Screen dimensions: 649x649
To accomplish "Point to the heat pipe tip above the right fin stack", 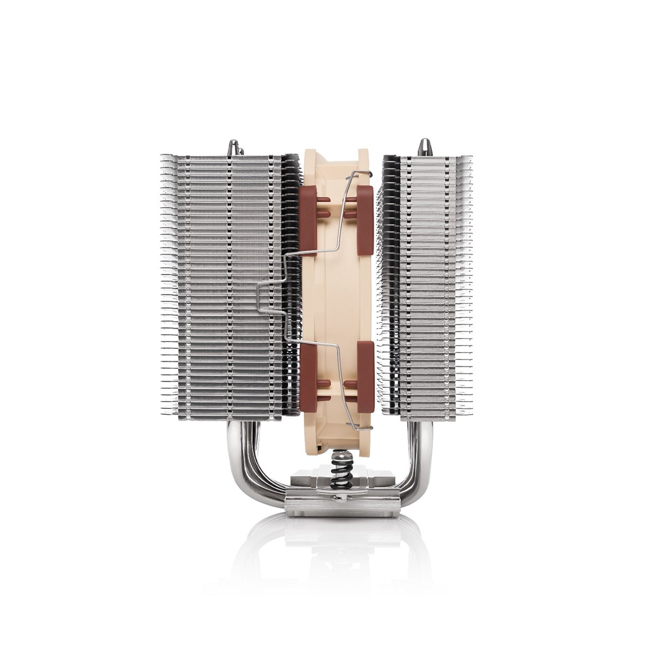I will click(423, 148).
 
